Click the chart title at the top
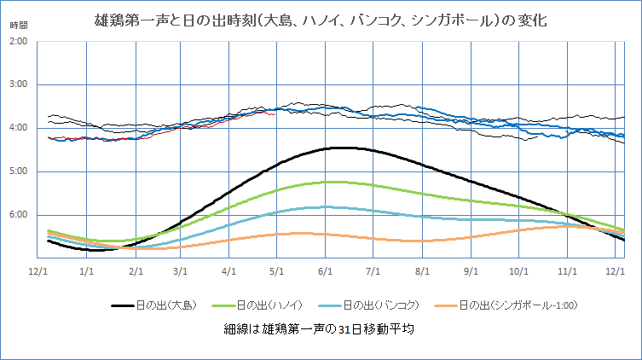click(321, 20)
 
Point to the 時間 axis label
click(19, 26)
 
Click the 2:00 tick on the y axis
click(19, 41)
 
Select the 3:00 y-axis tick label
click(19, 84)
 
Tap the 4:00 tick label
click(19, 128)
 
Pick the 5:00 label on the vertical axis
click(19, 171)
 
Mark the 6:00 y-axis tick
click(19, 215)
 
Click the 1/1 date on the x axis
click(85, 270)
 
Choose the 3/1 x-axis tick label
click(180, 270)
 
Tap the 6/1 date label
click(325, 270)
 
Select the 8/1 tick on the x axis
click(421, 270)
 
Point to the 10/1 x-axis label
click(519, 270)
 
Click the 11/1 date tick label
click(568, 270)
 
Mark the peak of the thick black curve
click(344, 148)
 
